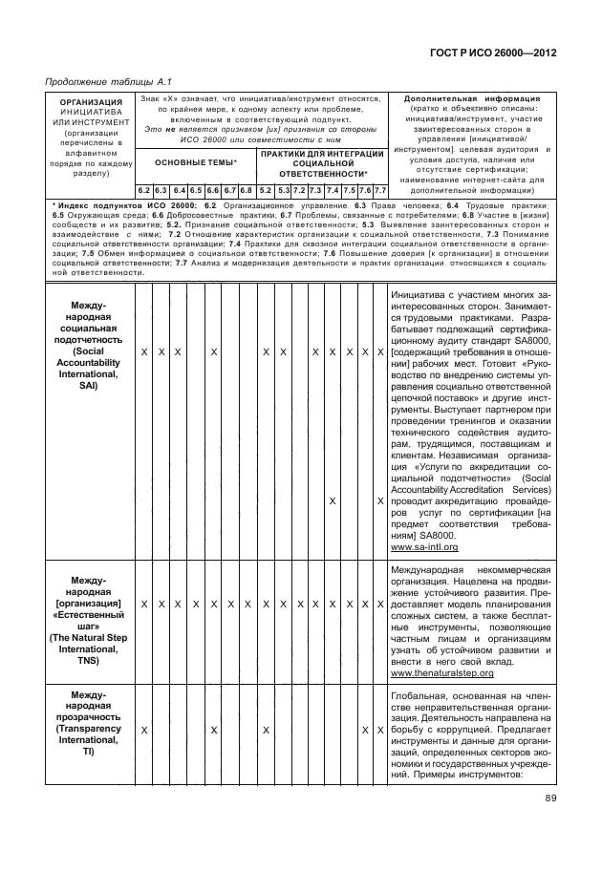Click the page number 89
(x=551, y=799)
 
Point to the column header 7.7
(x=379, y=190)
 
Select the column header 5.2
(x=266, y=190)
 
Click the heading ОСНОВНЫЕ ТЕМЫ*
(x=196, y=163)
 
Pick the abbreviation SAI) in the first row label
(x=89, y=400)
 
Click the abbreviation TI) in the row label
(x=89, y=753)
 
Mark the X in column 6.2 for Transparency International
(x=143, y=730)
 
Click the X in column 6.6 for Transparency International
(x=213, y=730)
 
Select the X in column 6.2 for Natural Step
(x=143, y=605)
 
